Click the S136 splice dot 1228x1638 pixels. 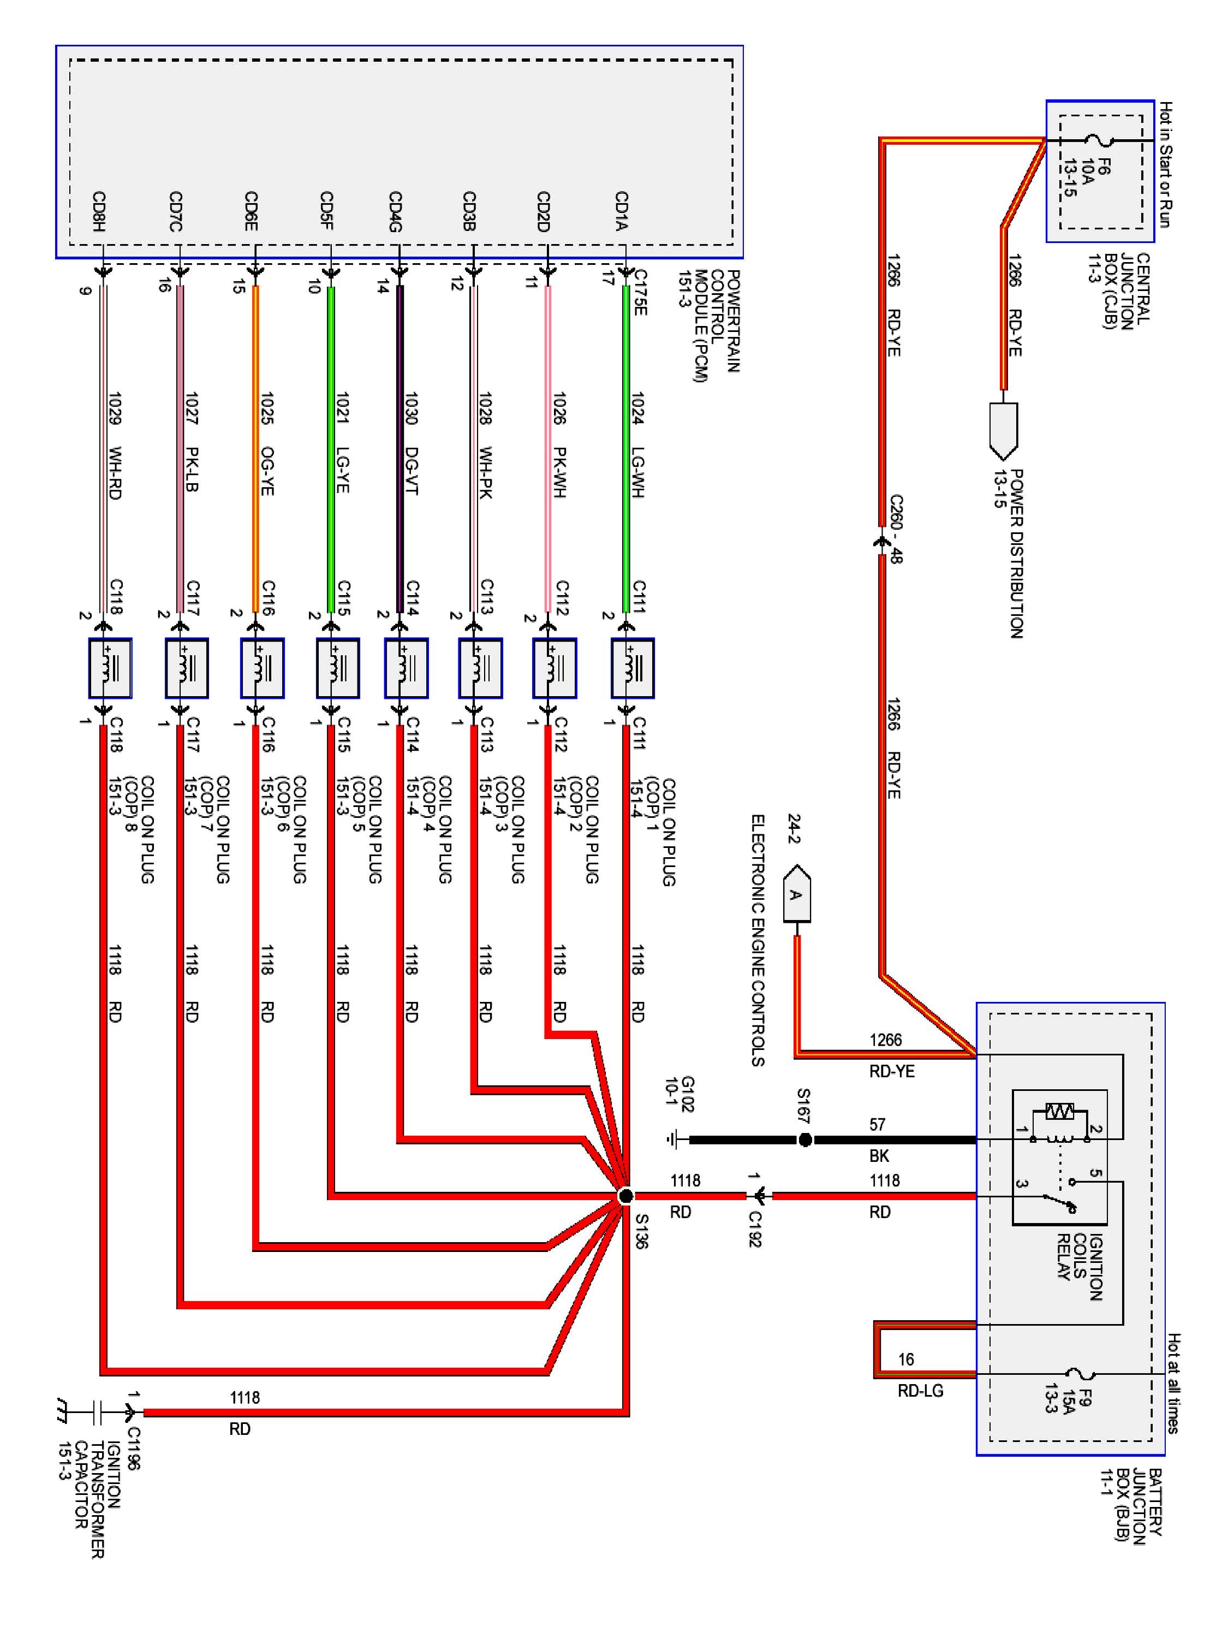pos(625,1196)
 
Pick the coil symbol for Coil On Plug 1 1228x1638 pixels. pos(632,668)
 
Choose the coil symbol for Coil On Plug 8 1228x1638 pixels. pos(110,668)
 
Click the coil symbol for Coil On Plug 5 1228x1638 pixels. pos(337,668)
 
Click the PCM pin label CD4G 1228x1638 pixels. pos(396,211)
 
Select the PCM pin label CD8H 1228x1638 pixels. pos(98,211)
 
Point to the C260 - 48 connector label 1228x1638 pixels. pos(896,530)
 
